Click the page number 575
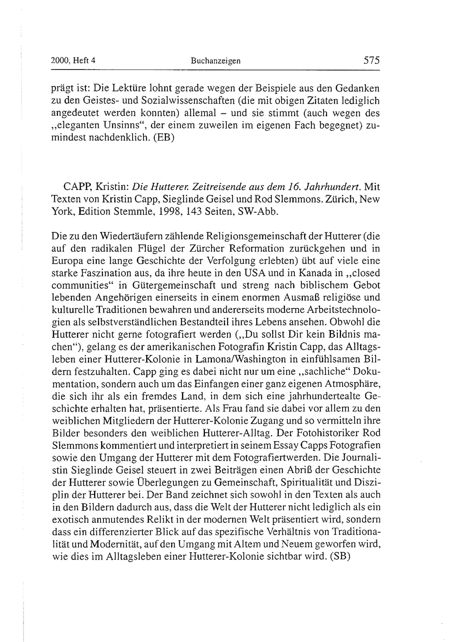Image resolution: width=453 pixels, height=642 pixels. pyautogui.click(x=371, y=60)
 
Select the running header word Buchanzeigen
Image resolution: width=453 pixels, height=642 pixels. pyautogui.click(x=215, y=61)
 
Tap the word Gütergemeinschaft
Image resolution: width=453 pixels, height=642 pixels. pyautogui.click(x=174, y=285)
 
